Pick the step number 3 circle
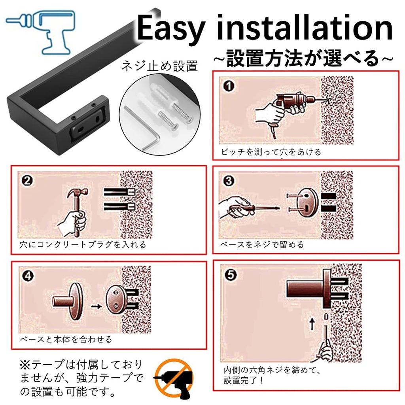pyautogui.click(x=229, y=182)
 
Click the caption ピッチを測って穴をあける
pyautogui.click(x=271, y=152)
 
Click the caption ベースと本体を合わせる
pyautogui.click(x=66, y=339)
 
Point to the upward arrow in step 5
pyautogui.click(x=311, y=325)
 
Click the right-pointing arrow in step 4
pyautogui.click(x=95, y=306)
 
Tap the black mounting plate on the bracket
pyautogui.click(x=87, y=124)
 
